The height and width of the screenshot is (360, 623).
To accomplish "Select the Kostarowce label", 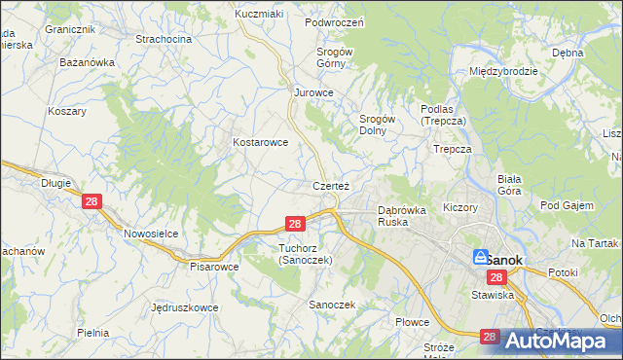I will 260,142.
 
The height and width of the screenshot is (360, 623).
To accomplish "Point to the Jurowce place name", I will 314,92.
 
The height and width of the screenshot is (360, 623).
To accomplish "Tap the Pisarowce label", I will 214,266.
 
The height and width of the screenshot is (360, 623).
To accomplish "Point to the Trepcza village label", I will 453,149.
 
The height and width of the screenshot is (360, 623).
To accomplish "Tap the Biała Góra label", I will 510,185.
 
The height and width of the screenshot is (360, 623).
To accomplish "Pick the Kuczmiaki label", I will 259,15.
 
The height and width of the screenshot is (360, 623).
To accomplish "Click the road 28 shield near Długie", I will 92,201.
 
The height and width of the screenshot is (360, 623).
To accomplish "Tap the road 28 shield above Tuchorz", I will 297,224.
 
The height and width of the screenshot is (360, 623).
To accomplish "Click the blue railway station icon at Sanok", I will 480,258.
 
